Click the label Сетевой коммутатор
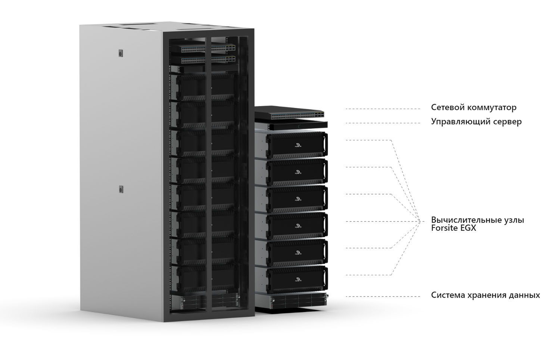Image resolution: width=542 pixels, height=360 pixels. coord(473,108)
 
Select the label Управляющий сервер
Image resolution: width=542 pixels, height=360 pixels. coord(476,122)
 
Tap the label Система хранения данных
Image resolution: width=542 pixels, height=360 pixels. coord(485,295)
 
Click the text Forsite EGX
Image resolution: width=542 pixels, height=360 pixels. coord(453,227)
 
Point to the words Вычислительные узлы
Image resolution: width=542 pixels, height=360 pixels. coord(477,220)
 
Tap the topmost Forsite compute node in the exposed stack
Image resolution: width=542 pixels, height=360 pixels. coord(297,145)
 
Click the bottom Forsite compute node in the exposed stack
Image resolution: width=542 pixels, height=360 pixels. coord(297,279)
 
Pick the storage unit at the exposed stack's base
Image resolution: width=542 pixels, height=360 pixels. coord(297,300)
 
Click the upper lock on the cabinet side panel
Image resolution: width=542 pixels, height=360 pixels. coord(121,53)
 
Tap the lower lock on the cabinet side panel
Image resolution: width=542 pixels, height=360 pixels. coord(121,189)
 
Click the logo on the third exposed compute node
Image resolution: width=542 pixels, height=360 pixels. coord(298,198)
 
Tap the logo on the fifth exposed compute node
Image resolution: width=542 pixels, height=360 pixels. coord(298,252)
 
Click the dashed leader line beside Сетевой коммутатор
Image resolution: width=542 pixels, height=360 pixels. coord(383,109)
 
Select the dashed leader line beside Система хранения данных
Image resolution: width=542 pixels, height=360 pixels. coord(383,297)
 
